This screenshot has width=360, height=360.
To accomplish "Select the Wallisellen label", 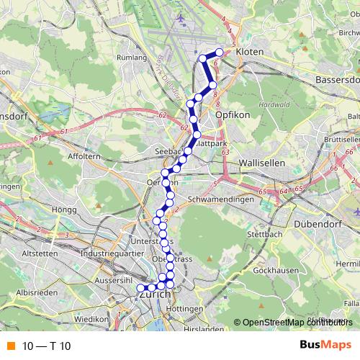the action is pyautogui.click(x=262, y=163).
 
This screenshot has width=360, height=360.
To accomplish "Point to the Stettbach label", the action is pyautogui.click(x=261, y=234).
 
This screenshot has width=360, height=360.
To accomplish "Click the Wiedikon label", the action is pyautogui.click(x=90, y=318).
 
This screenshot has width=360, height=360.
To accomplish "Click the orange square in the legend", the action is pyautogui.click(x=11, y=346).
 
